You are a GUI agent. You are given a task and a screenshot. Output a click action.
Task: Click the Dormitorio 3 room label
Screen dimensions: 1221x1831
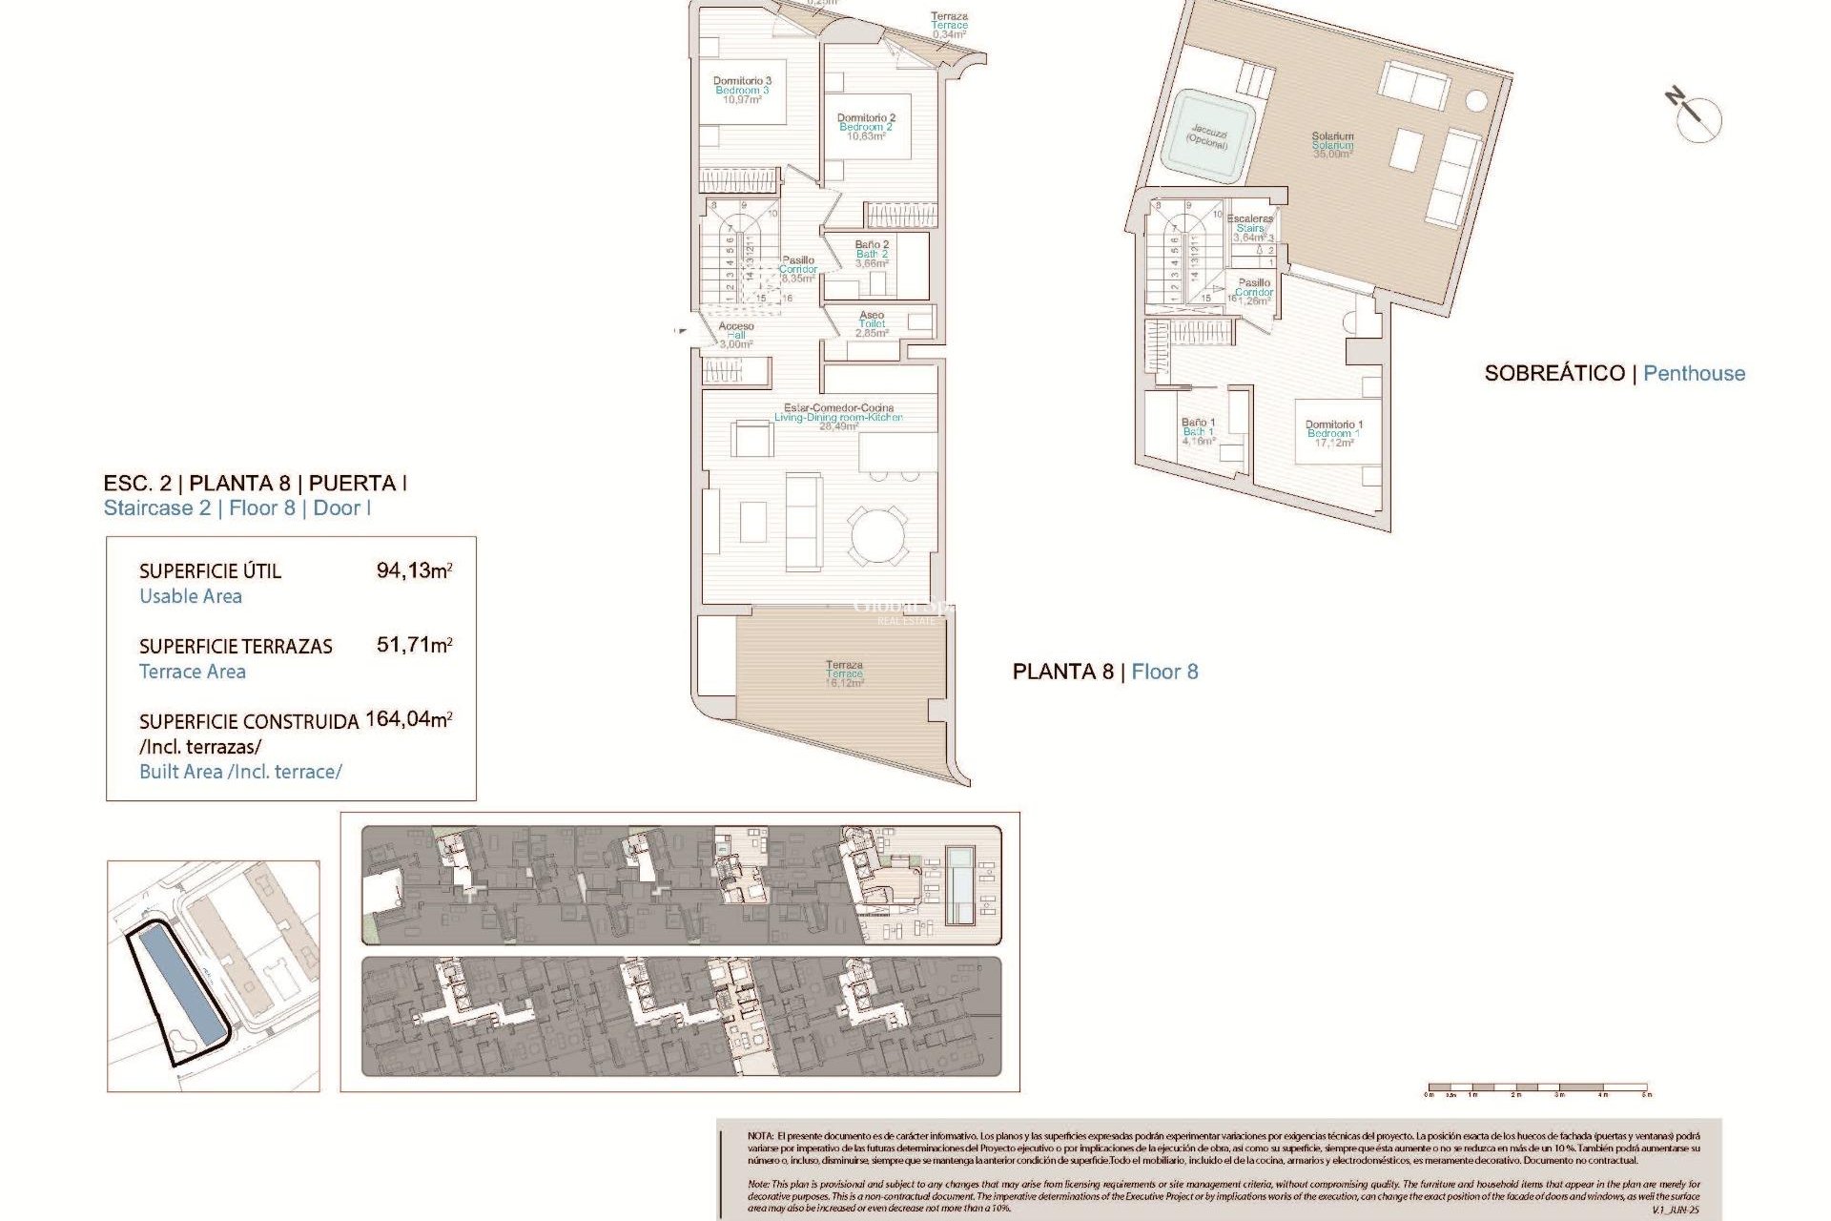tap(742, 91)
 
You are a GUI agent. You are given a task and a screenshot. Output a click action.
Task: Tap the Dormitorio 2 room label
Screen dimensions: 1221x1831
tap(866, 127)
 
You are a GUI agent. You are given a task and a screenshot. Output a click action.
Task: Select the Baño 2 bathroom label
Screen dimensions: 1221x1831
tap(872, 254)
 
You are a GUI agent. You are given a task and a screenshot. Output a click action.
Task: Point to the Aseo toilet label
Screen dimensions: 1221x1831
tap(872, 324)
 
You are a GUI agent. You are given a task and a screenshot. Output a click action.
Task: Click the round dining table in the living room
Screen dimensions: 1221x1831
tap(878, 534)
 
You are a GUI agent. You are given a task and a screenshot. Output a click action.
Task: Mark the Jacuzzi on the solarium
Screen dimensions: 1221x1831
tap(1207, 136)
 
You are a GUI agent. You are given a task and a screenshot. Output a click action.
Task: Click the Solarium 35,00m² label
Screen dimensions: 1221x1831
tap(1332, 145)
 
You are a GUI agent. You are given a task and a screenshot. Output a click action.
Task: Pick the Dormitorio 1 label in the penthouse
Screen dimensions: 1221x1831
tap(1333, 433)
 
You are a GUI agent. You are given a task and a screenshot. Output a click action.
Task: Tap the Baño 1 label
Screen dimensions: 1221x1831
tap(1198, 431)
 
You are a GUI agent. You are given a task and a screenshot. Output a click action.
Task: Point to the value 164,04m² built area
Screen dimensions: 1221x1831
tap(408, 719)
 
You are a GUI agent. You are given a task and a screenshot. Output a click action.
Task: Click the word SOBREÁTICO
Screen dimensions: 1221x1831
tap(1554, 374)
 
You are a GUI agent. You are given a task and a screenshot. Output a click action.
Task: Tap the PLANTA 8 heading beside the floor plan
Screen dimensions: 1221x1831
tap(1062, 673)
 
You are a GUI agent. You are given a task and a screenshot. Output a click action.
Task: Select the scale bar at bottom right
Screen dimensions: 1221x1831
tap(1537, 1087)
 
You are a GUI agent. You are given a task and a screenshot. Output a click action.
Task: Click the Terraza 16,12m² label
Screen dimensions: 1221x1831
tap(844, 673)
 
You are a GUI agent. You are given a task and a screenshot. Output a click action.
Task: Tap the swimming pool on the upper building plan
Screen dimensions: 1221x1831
tap(959, 884)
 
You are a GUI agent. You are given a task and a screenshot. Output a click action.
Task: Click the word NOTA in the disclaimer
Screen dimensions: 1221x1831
tap(760, 1136)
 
